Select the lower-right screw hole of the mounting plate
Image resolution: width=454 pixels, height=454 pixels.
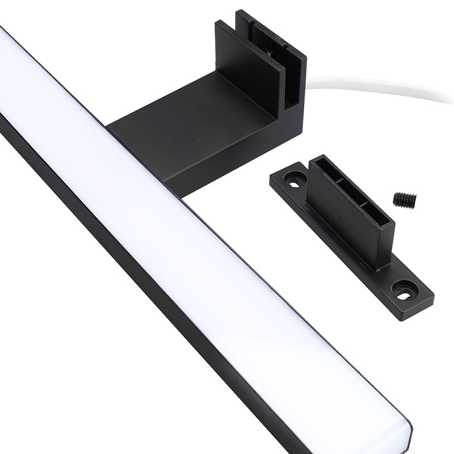tap(404, 289)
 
